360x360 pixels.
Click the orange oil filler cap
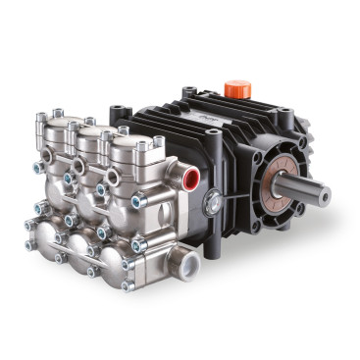(x=238, y=89)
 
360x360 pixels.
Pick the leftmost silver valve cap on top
(x=62, y=129)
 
